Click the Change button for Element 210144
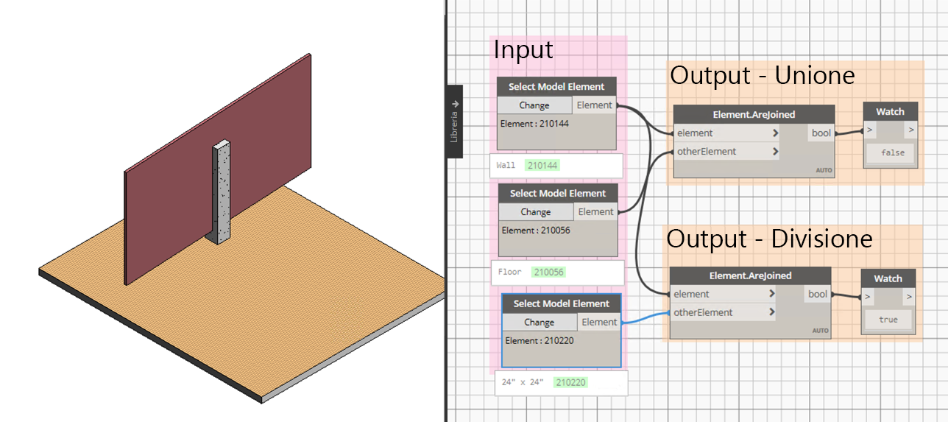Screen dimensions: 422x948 coord(534,105)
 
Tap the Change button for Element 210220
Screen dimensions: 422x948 coord(539,322)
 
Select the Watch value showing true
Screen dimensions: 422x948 coord(888,320)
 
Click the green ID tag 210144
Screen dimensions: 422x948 coord(543,166)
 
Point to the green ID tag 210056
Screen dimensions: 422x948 coord(548,272)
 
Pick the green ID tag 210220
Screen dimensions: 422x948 coord(571,383)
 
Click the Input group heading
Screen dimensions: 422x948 coord(523,50)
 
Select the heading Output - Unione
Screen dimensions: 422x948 coord(762,75)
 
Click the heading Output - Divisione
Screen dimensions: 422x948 coord(769,239)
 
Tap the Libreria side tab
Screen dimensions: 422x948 coord(455,122)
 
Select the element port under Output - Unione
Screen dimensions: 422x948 coord(695,133)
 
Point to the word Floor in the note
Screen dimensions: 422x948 coord(509,272)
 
